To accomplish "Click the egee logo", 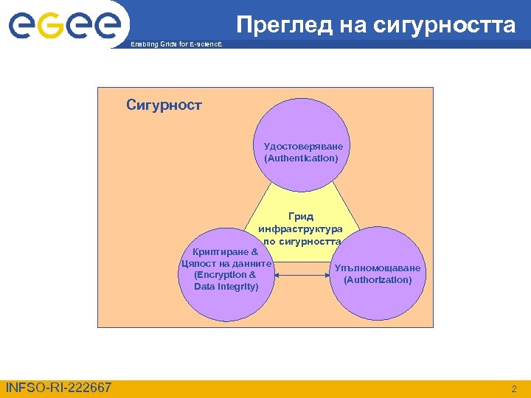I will coord(64,26).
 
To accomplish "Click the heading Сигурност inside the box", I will coord(164,105).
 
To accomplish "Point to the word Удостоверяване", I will coord(303,146).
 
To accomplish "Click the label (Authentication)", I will coord(301,158).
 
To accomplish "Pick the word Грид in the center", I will coord(301,216).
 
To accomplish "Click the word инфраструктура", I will coord(301,228).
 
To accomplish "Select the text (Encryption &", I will coord(226,274).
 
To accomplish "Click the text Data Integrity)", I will coord(226,286).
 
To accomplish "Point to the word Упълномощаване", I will coord(378,268).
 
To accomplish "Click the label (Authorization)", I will coord(378,280).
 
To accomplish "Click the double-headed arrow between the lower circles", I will coord(302,275).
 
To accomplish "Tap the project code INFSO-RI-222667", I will coord(58,388).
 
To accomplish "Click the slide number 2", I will coord(514,388).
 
